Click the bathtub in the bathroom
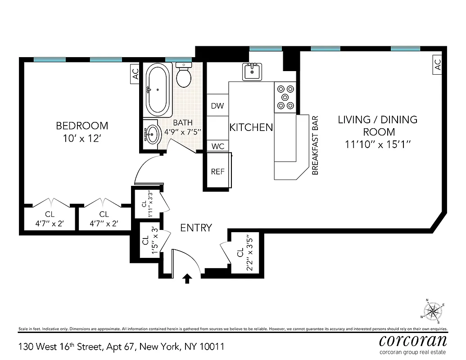click(x=158, y=89)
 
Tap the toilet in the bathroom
click(x=184, y=76)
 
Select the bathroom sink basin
click(x=154, y=133)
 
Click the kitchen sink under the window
click(x=252, y=71)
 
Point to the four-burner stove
click(x=285, y=97)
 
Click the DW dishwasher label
click(x=217, y=106)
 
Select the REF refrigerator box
click(x=218, y=171)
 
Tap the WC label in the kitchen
click(x=217, y=146)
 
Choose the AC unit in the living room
click(x=437, y=66)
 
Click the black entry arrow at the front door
click(x=187, y=279)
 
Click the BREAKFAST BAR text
click(x=315, y=145)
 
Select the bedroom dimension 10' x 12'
click(x=81, y=139)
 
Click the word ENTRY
click(x=196, y=228)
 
